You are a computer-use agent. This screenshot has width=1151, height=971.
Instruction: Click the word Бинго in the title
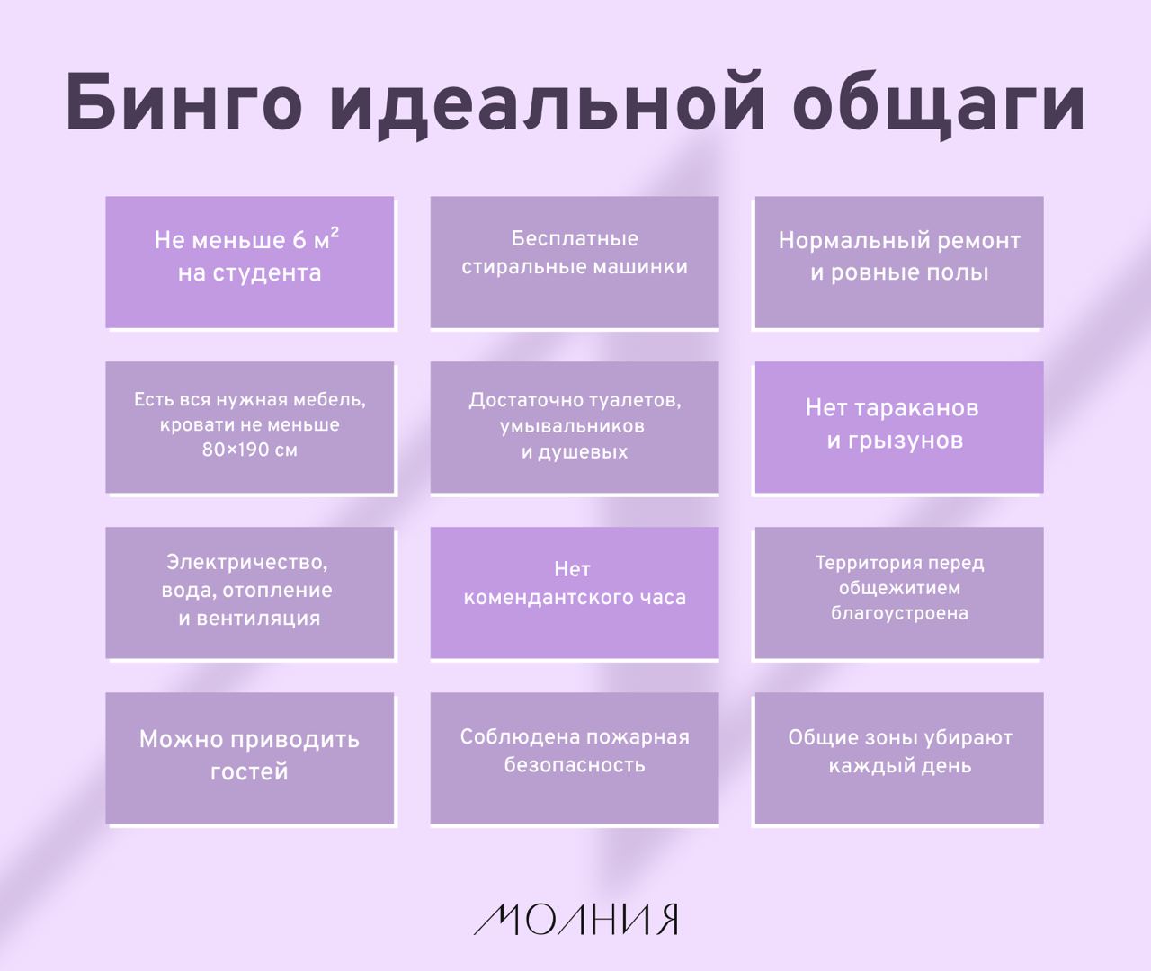point(184,102)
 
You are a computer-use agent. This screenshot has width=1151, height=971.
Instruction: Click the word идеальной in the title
point(548,102)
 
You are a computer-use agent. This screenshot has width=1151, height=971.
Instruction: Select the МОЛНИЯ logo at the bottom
point(575,919)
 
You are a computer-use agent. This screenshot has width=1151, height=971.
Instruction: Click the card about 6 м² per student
point(250,263)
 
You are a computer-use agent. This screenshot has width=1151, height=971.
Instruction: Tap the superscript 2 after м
point(335,232)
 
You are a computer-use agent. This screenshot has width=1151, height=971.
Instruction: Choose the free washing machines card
point(575,263)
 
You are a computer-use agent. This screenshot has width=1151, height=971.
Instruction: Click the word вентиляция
point(258,619)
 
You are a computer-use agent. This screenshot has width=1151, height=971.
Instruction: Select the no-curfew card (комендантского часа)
point(575,593)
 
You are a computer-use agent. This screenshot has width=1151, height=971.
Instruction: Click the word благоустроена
point(899,613)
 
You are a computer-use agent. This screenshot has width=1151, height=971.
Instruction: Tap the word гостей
point(249,772)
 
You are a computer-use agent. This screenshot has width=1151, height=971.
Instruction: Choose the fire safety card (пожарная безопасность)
point(575,758)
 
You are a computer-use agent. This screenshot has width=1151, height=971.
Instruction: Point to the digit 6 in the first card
point(299,240)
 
